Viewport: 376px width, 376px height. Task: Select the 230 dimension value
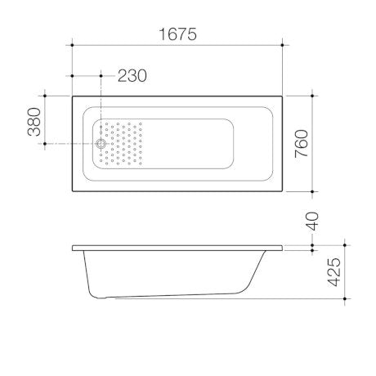(132, 75)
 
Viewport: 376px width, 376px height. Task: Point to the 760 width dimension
(302, 144)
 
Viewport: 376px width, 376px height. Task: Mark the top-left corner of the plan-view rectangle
(74, 96)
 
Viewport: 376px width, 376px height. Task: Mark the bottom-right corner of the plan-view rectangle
(283, 193)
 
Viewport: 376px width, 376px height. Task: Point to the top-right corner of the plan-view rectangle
(283, 96)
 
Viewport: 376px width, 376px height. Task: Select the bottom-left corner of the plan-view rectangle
(74, 193)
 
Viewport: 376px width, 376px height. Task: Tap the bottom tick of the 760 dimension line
(312, 193)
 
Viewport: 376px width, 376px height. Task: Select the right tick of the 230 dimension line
(101, 75)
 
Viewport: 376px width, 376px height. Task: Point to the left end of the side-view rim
(74, 247)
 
